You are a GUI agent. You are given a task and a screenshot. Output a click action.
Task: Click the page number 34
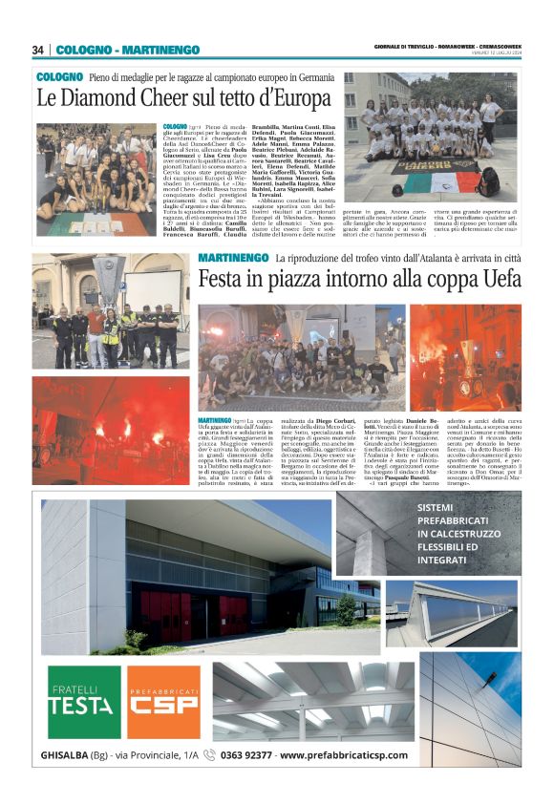click(38, 50)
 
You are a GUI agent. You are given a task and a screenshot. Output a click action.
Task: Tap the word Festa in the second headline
click(223, 279)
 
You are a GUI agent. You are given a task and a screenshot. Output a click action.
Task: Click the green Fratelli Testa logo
click(84, 702)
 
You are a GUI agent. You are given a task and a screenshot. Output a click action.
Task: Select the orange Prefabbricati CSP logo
click(163, 702)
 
